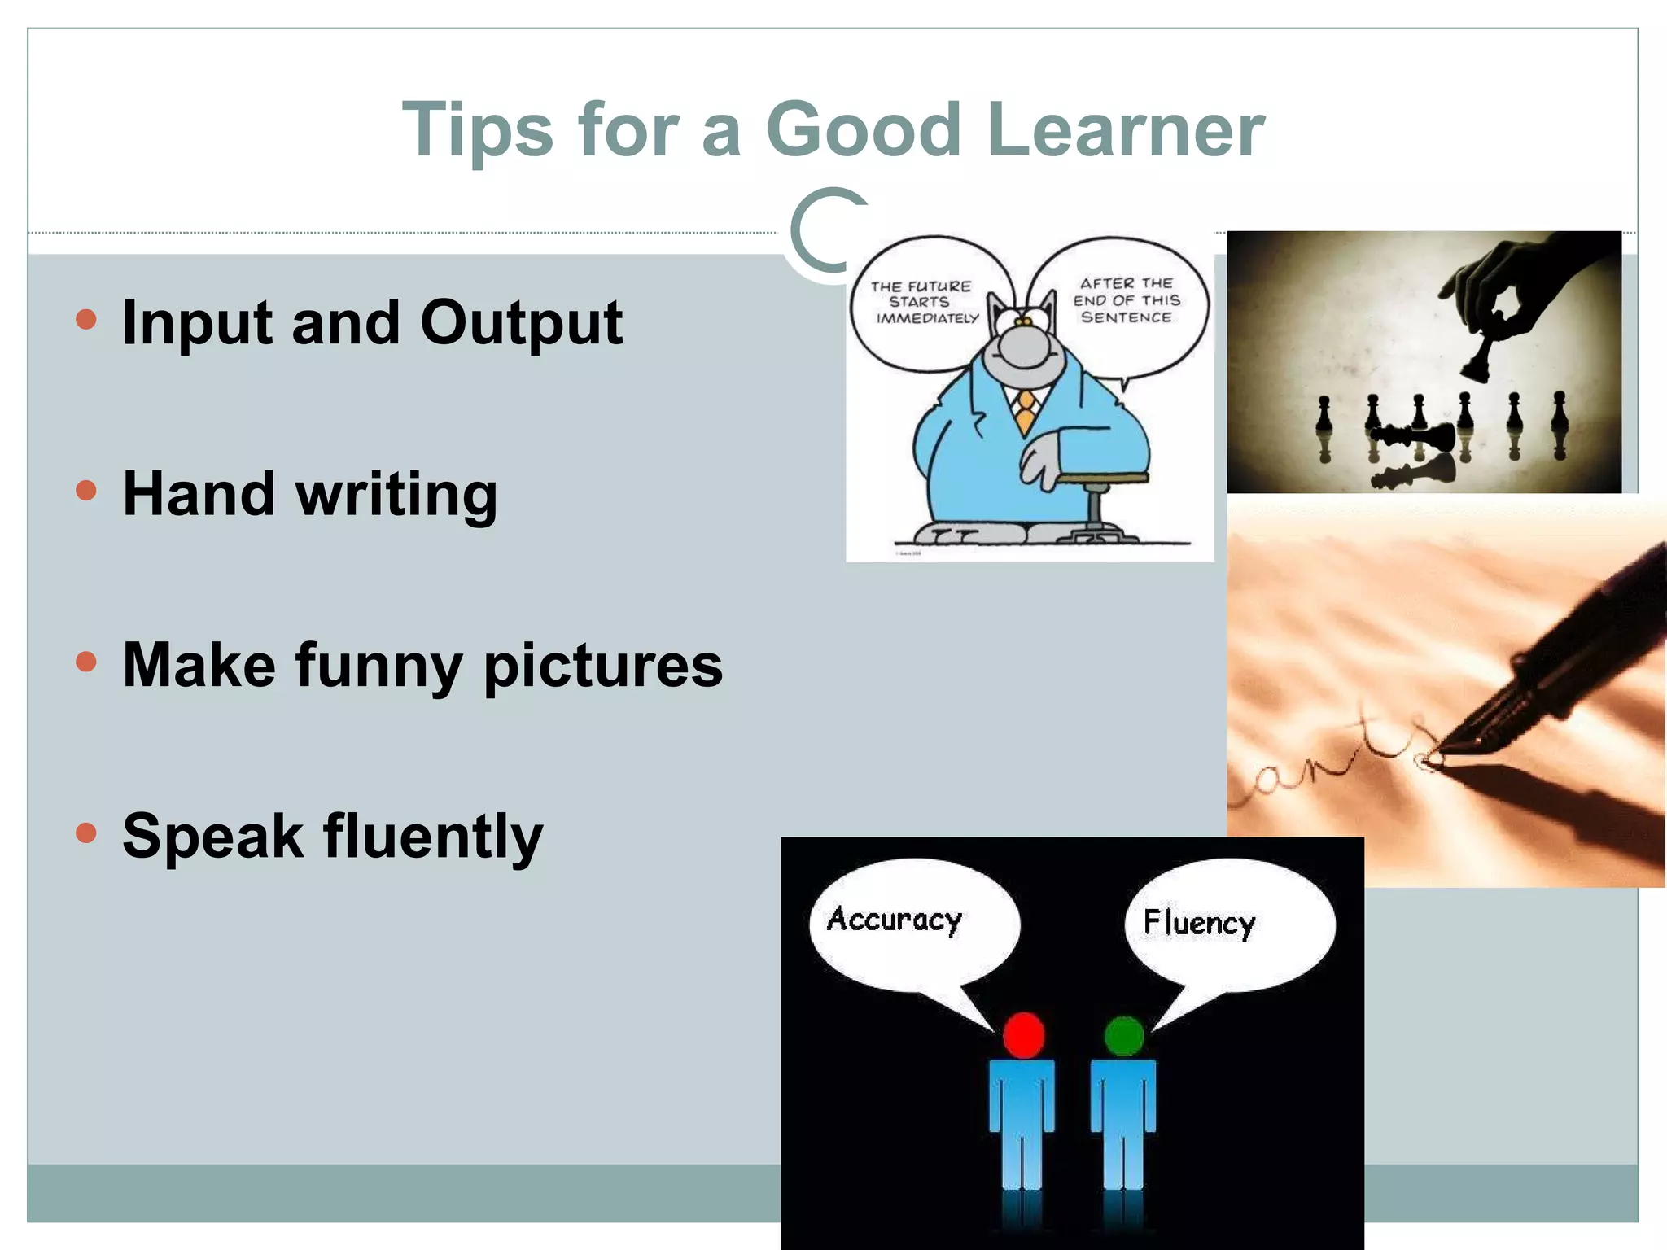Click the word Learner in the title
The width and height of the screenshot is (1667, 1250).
[1125, 130]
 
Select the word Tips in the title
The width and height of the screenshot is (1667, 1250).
[478, 130]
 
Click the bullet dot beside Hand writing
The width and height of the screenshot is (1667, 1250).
[85, 491]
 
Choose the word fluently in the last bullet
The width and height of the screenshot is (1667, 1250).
[433, 837]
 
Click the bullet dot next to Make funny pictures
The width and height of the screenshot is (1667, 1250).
[85, 662]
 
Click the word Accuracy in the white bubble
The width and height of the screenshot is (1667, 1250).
[895, 920]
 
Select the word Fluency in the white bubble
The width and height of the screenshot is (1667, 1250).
[1199, 923]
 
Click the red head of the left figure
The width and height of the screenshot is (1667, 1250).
[1023, 1035]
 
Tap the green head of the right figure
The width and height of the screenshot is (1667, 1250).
[1124, 1036]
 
